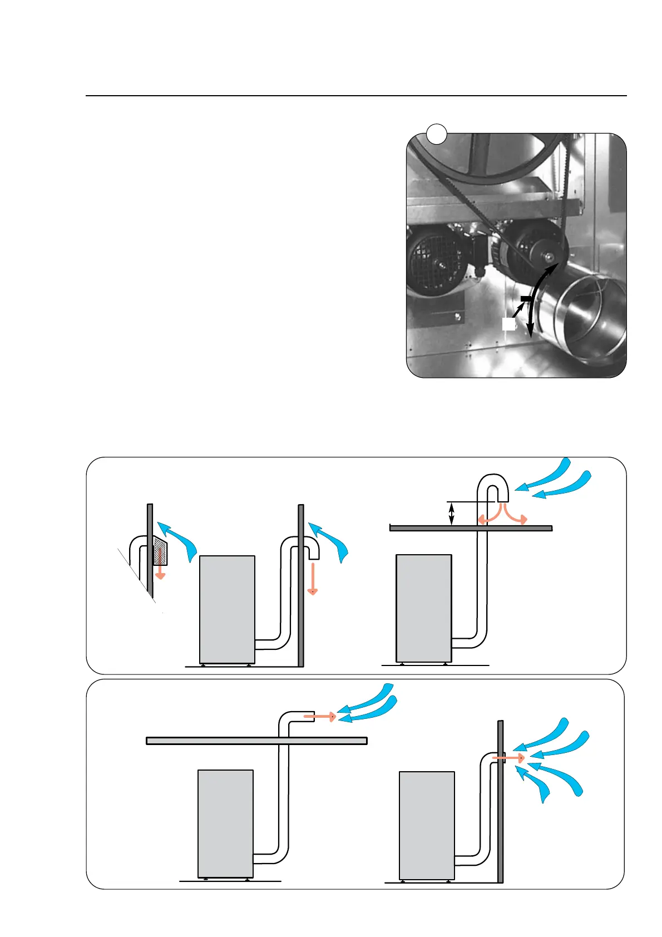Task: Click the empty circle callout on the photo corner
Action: [437, 134]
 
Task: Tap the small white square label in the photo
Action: [508, 324]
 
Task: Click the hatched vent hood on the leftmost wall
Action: [160, 551]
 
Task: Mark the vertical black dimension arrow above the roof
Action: [451, 514]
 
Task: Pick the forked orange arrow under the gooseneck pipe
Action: [501, 515]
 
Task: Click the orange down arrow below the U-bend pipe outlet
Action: [313, 579]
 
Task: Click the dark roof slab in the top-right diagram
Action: [471, 528]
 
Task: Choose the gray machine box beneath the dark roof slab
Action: [423, 608]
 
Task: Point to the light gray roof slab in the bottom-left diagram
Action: [256, 741]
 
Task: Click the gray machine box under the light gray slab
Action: [225, 824]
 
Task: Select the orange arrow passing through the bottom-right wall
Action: [508, 758]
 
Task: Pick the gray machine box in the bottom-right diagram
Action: [427, 825]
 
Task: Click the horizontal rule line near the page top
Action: [356, 96]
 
